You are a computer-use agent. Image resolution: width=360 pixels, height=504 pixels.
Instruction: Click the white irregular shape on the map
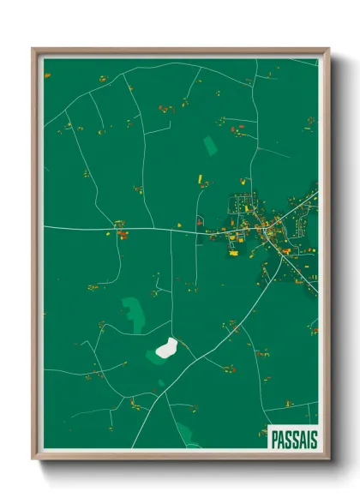tap(167, 348)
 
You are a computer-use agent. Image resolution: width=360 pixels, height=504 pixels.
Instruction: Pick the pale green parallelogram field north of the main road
tap(210, 146)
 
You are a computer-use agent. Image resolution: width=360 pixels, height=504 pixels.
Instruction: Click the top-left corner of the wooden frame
tap(33, 49)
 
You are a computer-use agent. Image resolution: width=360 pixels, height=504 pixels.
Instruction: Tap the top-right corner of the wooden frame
tap(328, 49)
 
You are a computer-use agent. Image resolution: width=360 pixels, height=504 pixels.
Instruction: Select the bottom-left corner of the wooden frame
tap(33, 459)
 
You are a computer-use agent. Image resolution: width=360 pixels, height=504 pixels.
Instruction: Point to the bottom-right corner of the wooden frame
tap(328, 459)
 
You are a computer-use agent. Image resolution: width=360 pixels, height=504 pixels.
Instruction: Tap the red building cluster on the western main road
tap(122, 233)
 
